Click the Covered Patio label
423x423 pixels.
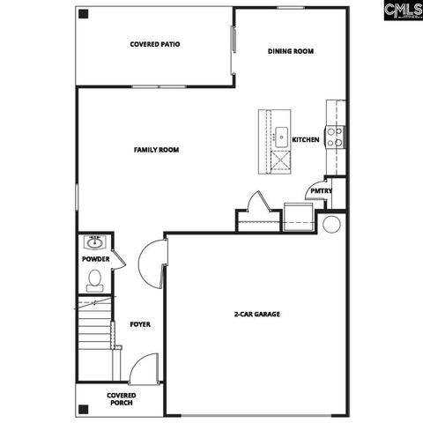click(x=155, y=44)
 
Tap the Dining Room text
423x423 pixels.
click(x=291, y=51)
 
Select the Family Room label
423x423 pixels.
click(x=157, y=151)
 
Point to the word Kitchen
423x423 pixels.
click(x=305, y=140)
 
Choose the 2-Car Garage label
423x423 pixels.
click(x=257, y=315)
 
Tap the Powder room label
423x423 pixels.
click(x=95, y=259)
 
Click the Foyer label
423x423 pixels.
click(x=140, y=324)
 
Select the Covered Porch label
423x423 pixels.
click(x=120, y=399)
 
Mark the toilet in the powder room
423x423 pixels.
click(x=95, y=279)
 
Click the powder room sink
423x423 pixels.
click(x=94, y=241)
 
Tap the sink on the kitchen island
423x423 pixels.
click(x=281, y=136)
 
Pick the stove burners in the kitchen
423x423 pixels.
click(x=336, y=137)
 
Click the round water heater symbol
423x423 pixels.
click(x=331, y=223)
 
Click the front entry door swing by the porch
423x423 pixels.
click(x=145, y=367)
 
